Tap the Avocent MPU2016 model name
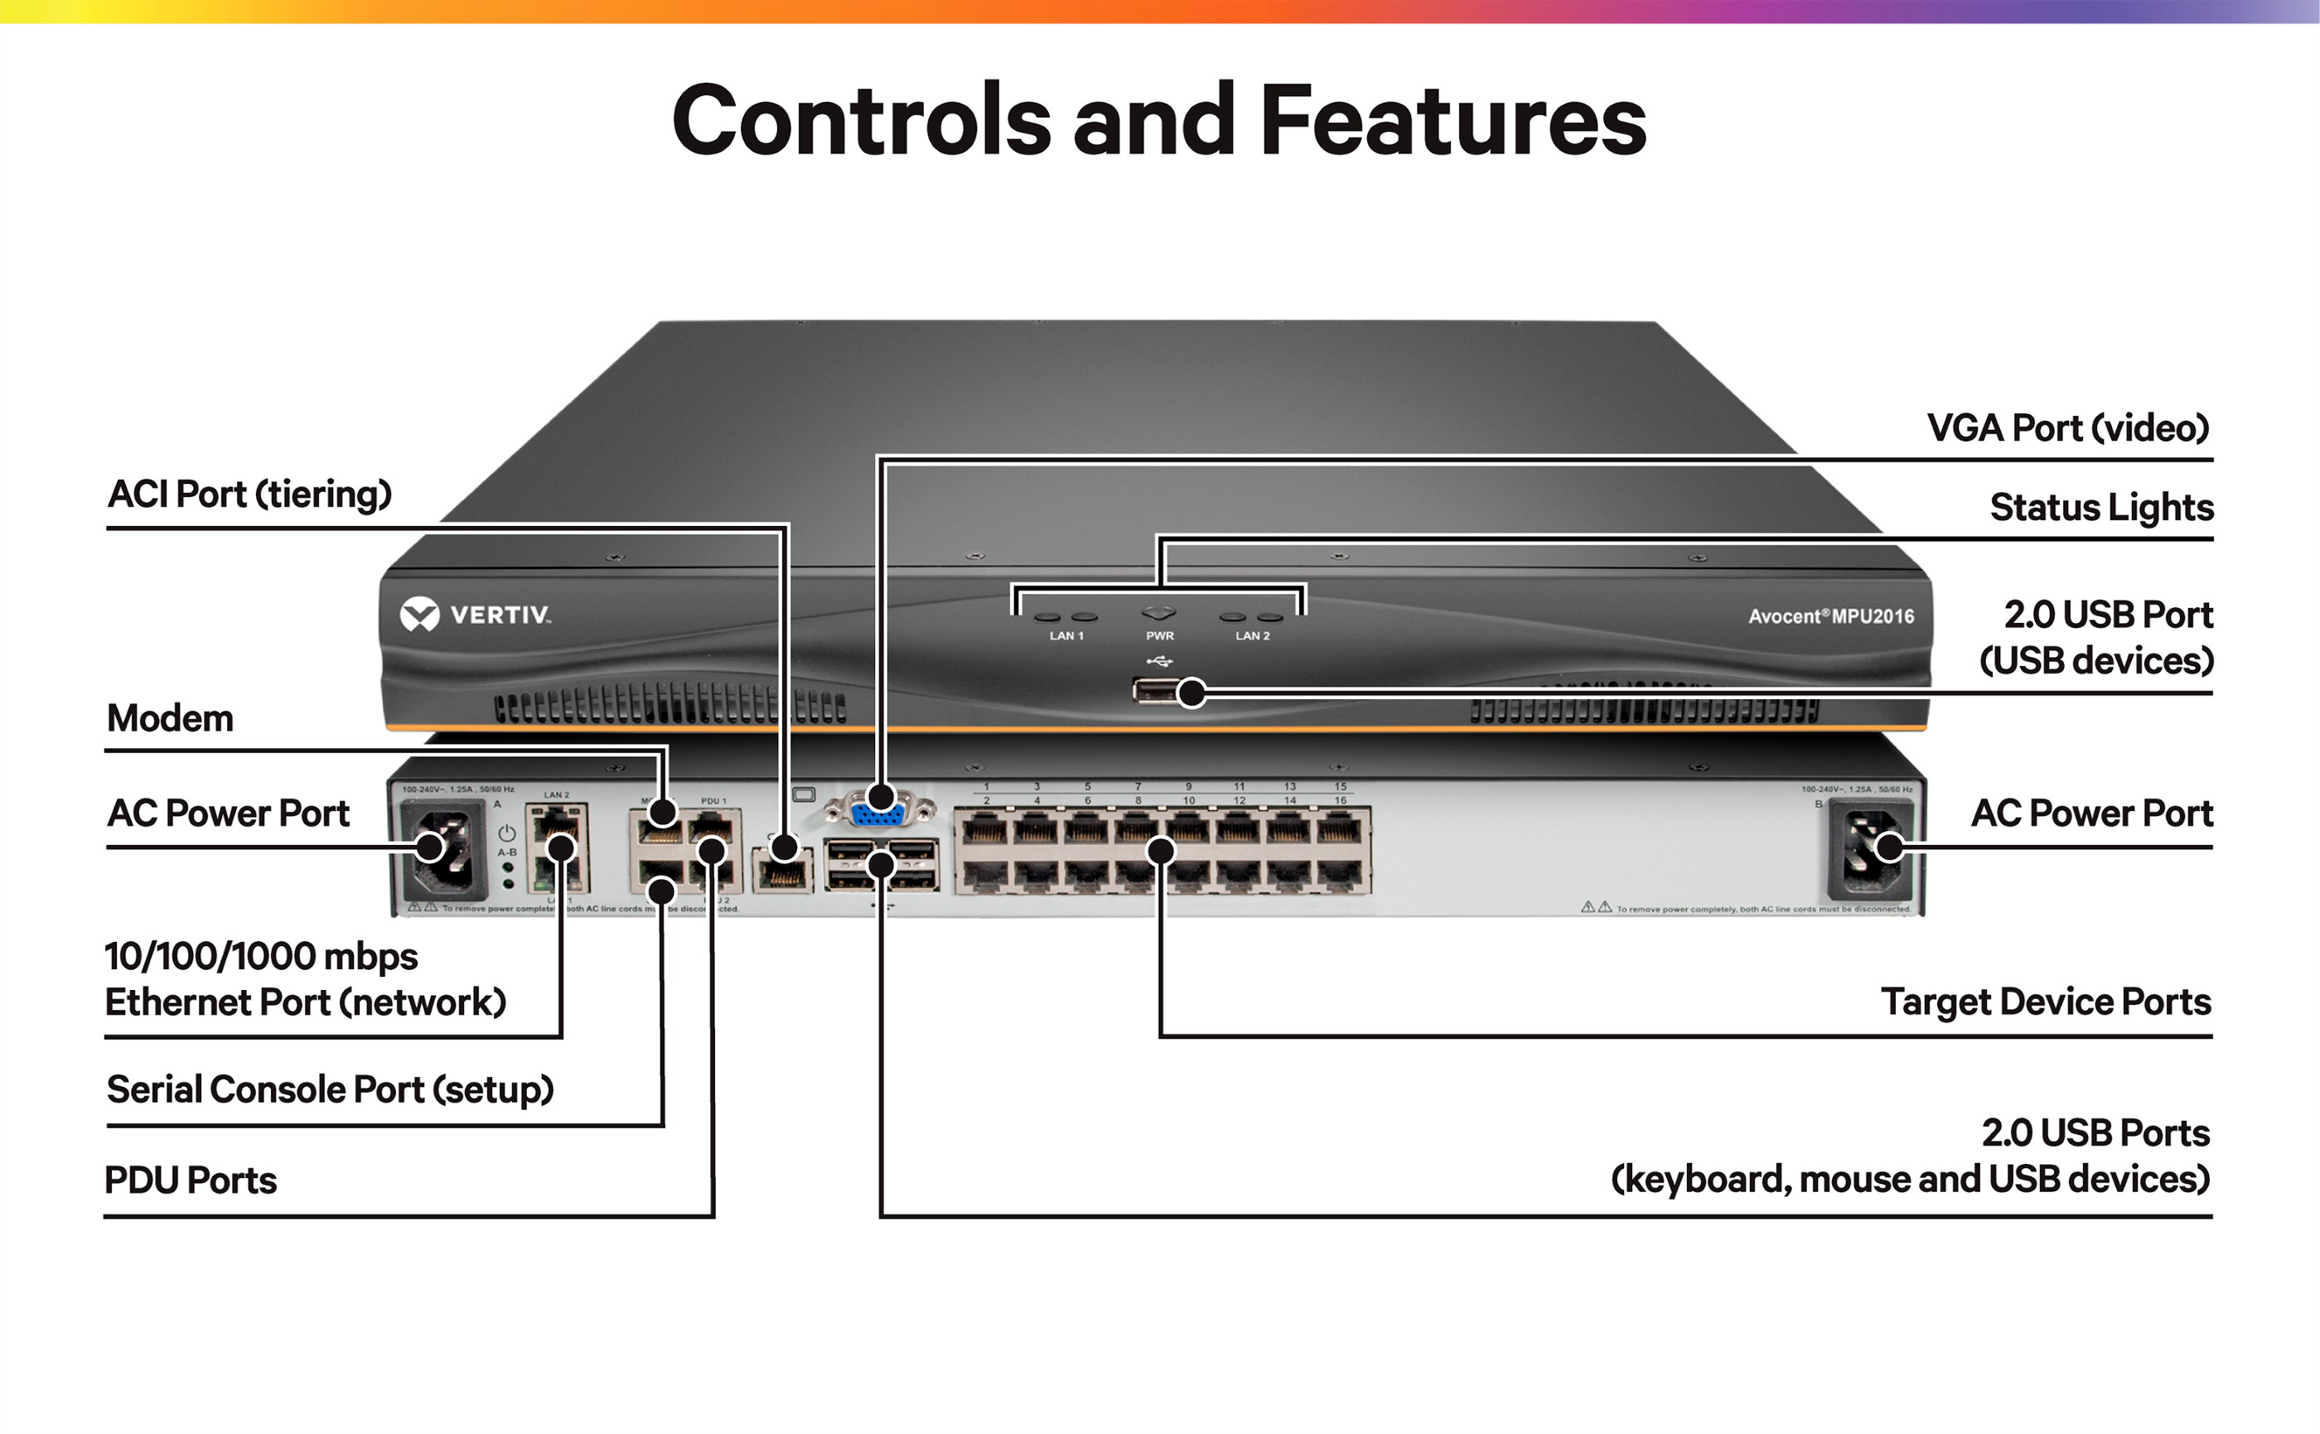tap(1830, 616)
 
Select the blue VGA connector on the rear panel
tap(874, 814)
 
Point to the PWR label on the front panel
tap(1159, 636)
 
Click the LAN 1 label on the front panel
tap(1066, 636)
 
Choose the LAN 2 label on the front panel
tap(1252, 636)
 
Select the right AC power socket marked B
tap(1870, 850)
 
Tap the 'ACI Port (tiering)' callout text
tap(249, 494)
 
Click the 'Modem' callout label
tap(170, 718)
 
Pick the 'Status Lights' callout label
tap(2101, 507)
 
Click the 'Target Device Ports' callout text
tap(2045, 1002)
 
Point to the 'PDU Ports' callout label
tap(191, 1180)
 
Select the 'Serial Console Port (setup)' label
tap(330, 1089)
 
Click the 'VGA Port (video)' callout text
tap(2068, 427)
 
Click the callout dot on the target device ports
tap(1161, 851)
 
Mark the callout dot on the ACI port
tap(784, 847)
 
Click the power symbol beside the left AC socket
tap(507, 833)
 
